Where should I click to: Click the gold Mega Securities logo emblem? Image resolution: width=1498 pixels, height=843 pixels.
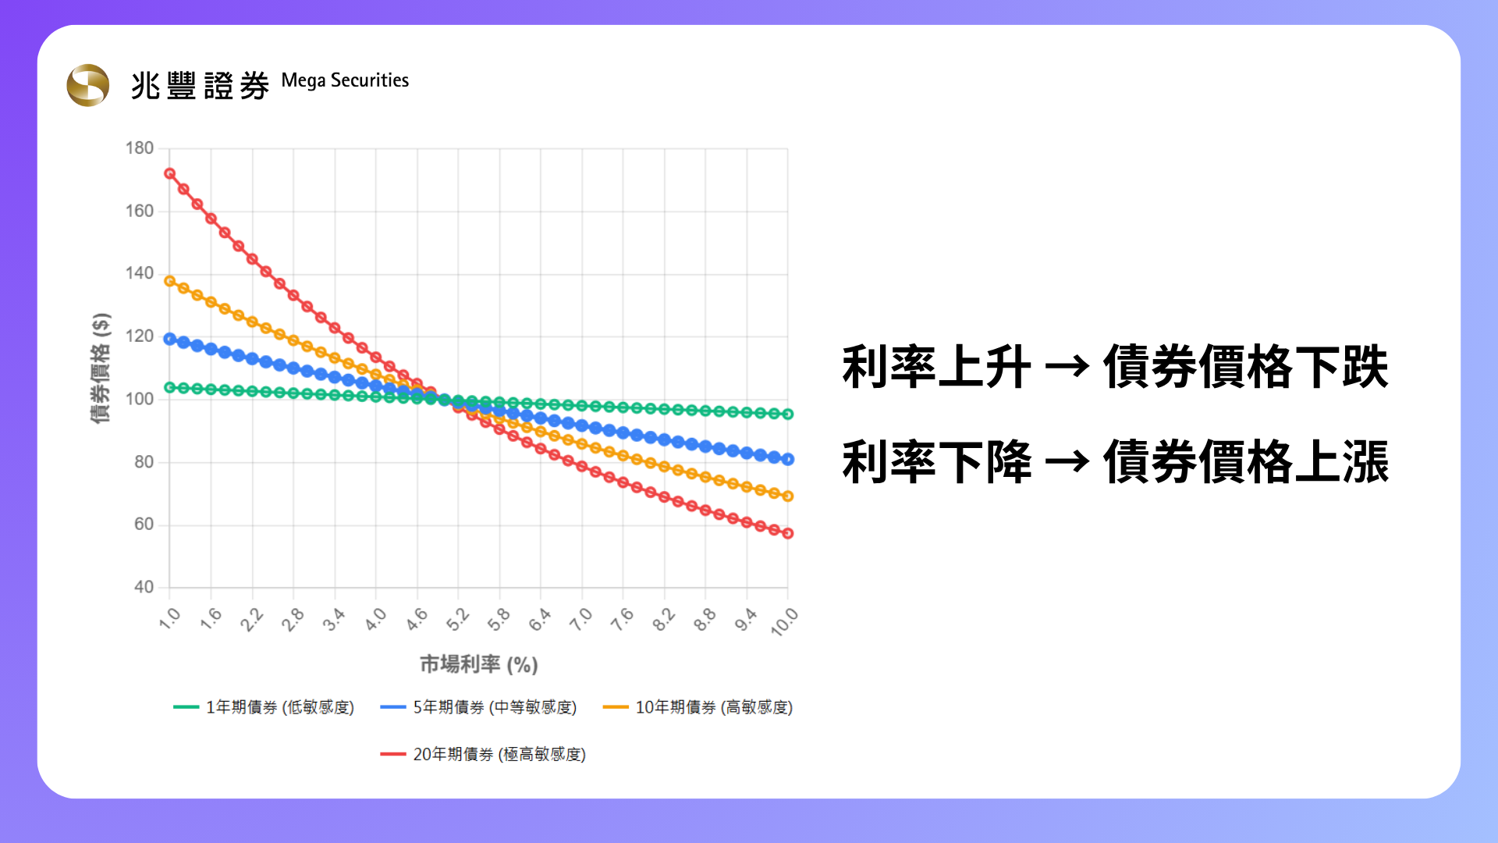(x=88, y=85)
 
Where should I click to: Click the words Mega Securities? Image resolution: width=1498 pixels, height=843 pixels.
(x=345, y=81)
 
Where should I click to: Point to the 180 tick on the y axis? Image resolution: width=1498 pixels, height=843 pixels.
(x=140, y=148)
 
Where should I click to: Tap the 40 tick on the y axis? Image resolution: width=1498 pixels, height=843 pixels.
(x=144, y=587)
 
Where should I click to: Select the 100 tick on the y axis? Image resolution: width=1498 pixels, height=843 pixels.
(x=140, y=399)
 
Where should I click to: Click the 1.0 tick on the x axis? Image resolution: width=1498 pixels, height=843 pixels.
(x=169, y=618)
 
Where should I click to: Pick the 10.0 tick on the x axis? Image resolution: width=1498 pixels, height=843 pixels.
(x=784, y=621)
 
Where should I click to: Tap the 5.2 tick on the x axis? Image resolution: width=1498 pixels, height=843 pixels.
(x=457, y=618)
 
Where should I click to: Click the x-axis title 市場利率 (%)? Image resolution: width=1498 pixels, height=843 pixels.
(x=479, y=664)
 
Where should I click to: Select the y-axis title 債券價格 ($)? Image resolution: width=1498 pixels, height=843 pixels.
(x=101, y=368)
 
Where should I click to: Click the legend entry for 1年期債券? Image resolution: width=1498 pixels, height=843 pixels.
(x=264, y=707)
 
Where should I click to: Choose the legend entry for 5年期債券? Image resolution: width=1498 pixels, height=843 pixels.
(x=478, y=707)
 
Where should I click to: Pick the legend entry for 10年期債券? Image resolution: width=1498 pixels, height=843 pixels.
(x=698, y=707)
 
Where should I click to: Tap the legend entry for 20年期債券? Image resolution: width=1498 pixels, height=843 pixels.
(x=483, y=754)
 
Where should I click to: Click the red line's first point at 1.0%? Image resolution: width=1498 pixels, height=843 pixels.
(x=169, y=173)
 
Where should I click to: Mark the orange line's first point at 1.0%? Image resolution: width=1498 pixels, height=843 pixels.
(x=169, y=281)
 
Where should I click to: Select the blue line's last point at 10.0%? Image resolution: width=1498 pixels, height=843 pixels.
(x=788, y=460)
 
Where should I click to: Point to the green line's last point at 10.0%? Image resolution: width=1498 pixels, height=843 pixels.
(x=788, y=414)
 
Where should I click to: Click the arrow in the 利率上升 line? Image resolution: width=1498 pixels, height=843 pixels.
(x=1067, y=366)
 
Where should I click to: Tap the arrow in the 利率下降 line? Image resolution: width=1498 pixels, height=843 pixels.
(x=1067, y=461)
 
